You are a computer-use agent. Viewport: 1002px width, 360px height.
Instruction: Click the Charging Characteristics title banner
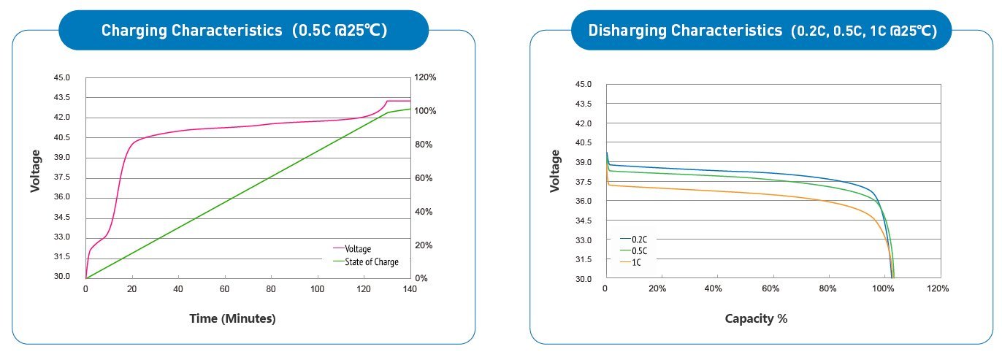click(x=243, y=31)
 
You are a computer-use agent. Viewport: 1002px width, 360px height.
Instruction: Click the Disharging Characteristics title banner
click(x=762, y=31)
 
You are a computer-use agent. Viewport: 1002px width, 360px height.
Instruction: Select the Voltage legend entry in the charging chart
click(x=358, y=249)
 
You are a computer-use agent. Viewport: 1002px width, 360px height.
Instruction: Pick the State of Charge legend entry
click(x=371, y=261)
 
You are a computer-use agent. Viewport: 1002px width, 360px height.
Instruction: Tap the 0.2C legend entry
click(x=638, y=239)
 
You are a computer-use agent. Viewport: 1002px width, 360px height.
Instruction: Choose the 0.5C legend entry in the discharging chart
click(x=638, y=250)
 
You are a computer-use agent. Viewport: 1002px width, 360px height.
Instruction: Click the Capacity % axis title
click(x=756, y=318)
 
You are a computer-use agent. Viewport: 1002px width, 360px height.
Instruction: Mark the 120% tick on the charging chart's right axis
click(x=426, y=77)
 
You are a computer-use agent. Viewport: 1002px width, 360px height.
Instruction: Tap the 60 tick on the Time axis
click(x=225, y=289)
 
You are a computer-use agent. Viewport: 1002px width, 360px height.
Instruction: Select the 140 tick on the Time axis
click(x=410, y=289)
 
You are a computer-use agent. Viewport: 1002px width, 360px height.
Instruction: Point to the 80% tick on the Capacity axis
click(x=827, y=289)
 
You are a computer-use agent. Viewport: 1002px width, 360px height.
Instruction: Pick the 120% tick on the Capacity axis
click(x=938, y=289)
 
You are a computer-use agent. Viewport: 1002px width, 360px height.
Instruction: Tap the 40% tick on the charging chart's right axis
click(x=424, y=212)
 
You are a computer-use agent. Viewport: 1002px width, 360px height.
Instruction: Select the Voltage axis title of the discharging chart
click(x=554, y=171)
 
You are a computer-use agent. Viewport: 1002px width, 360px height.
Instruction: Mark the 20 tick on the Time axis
click(x=132, y=289)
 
